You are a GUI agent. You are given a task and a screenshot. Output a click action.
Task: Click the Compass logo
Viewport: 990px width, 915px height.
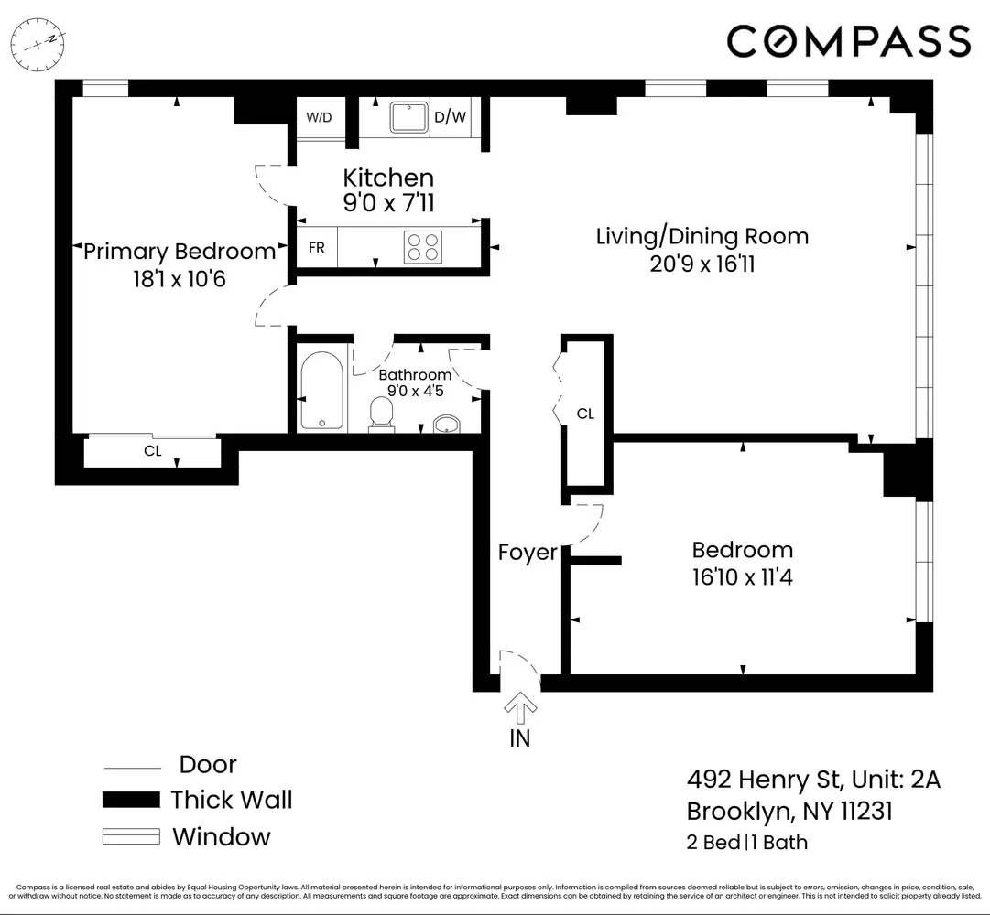(848, 41)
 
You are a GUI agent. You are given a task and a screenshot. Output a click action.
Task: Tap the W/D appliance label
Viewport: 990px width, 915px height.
(319, 117)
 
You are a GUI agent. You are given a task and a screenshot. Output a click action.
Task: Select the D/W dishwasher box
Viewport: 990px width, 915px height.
(450, 117)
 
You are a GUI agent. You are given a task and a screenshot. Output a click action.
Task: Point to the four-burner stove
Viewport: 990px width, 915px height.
(423, 248)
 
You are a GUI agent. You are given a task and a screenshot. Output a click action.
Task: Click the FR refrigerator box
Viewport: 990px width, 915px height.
(315, 248)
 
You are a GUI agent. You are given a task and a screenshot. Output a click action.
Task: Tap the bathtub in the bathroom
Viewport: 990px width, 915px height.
(321, 390)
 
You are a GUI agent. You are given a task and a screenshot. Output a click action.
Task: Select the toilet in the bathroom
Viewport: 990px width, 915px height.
(381, 414)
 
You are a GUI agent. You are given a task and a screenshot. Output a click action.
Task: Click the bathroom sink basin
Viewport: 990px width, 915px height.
(446, 425)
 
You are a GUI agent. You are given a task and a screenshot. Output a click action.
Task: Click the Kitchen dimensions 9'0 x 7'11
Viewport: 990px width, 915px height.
(387, 203)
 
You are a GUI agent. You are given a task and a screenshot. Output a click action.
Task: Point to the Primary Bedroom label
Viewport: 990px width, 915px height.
(179, 251)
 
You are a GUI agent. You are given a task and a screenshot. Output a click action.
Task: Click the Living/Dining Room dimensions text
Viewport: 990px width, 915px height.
(702, 264)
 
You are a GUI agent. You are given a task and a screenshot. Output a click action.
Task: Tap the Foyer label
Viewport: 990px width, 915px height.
(528, 553)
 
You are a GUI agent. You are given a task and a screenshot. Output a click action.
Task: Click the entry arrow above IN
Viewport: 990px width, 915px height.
(520, 707)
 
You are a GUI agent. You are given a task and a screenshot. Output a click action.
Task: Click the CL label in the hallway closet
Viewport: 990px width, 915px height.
(585, 414)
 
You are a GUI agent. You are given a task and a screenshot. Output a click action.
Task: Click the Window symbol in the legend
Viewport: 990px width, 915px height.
(131, 837)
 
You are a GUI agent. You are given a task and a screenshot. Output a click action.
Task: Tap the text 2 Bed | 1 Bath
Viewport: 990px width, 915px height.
(747, 843)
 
